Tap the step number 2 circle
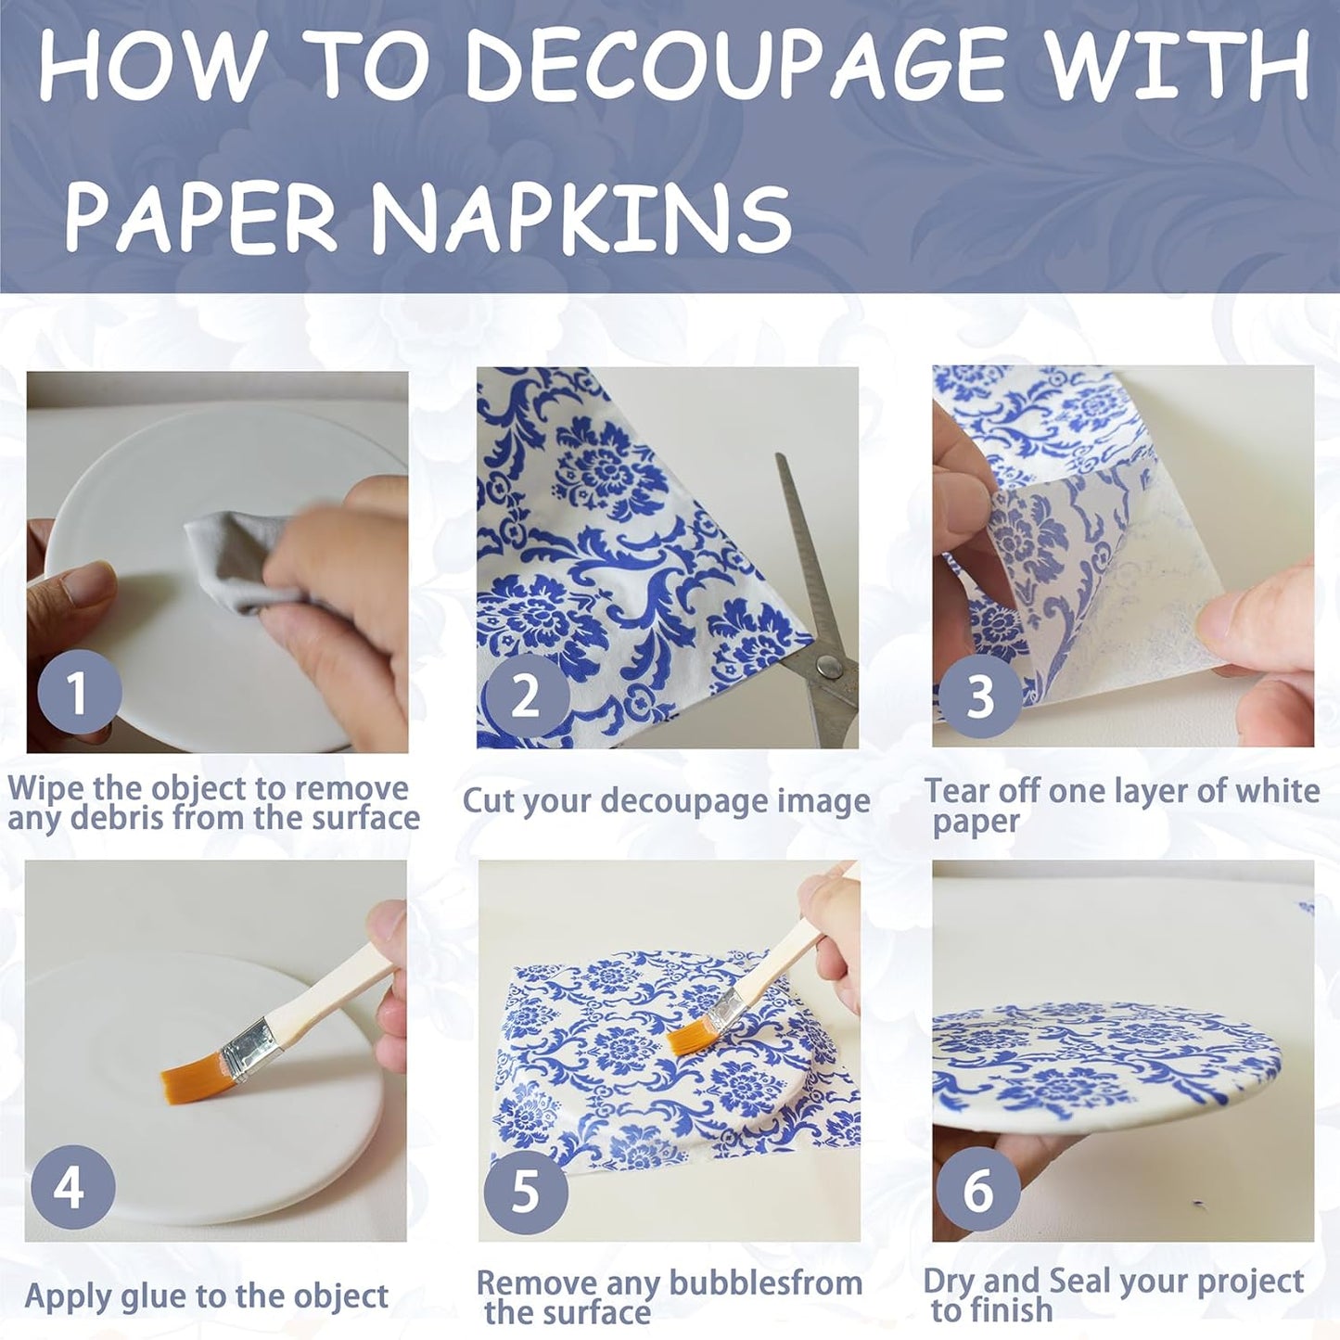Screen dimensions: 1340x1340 coord(526,695)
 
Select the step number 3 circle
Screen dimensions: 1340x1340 coord(980,695)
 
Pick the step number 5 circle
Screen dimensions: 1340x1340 coord(526,1190)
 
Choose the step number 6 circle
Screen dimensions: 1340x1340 coord(977,1188)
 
